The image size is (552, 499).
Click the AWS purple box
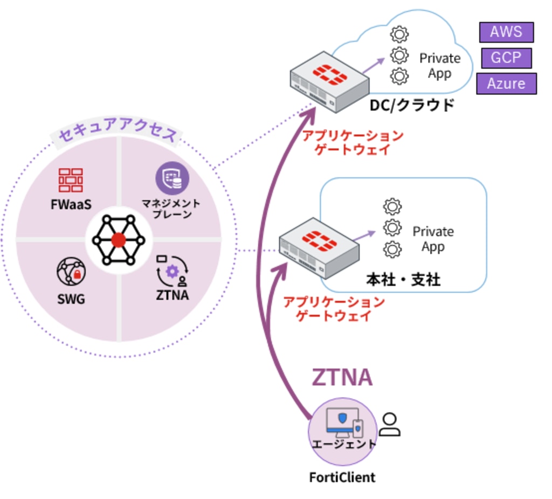click(506, 32)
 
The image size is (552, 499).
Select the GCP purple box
click(506, 58)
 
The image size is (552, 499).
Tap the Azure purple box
click(506, 84)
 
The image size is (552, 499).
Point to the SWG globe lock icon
click(71, 272)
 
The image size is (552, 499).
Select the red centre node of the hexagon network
click(119, 239)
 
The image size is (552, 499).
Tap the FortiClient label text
click(342, 477)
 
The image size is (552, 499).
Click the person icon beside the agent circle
click(389, 424)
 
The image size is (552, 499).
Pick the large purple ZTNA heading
click(342, 377)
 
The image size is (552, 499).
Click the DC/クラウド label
click(412, 105)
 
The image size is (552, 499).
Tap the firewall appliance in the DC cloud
click(329, 81)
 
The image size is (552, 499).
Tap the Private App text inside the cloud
click(440, 65)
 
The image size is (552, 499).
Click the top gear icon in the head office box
click(392, 206)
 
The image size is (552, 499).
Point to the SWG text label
click(71, 298)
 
